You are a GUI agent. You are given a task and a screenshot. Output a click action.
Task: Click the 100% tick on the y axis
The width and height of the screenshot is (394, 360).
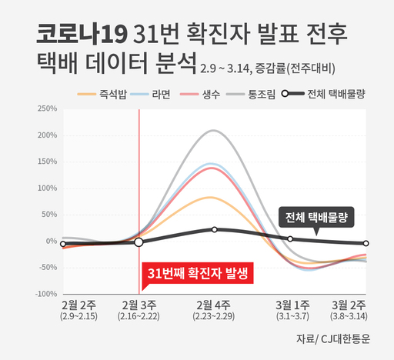[x=47, y=188]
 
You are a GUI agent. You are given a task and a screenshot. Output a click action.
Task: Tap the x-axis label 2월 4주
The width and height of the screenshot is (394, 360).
[x=214, y=306]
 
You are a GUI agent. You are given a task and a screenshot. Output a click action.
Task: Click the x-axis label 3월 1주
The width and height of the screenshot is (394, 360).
[x=292, y=306]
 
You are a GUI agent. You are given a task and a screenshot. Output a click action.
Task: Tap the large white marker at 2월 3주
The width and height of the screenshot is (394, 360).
[x=139, y=242]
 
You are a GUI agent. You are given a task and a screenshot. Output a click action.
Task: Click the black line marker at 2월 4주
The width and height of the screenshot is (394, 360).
[x=214, y=229]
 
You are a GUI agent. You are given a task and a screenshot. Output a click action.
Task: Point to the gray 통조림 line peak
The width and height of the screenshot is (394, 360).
[x=213, y=131]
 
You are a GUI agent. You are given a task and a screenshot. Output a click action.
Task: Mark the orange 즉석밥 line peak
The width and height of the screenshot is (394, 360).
[x=213, y=197]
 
